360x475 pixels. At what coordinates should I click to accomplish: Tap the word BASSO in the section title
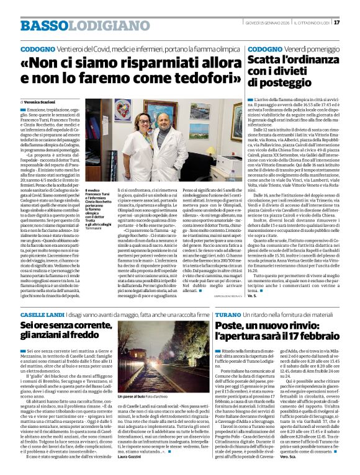click(42, 25)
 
